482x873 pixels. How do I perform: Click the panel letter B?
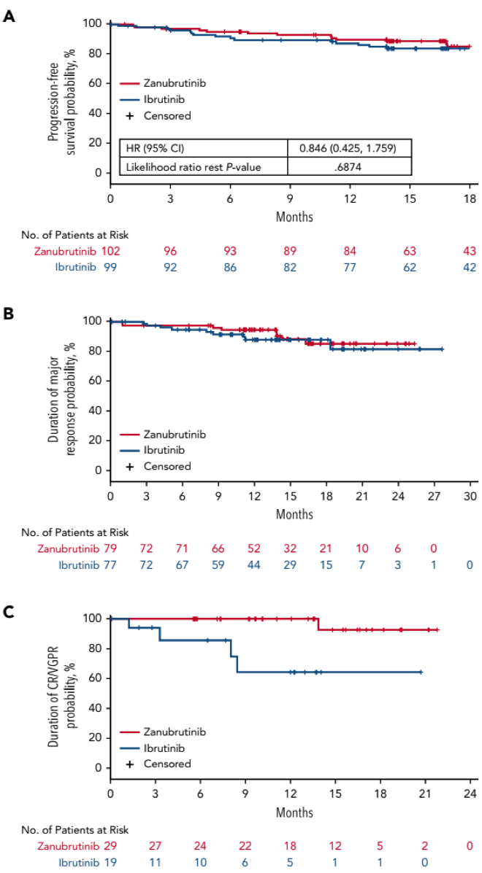point(8,314)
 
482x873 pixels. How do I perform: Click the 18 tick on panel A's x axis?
point(470,198)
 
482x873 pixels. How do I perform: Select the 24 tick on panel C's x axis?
point(470,794)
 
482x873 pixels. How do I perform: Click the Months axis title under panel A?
point(294,217)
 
